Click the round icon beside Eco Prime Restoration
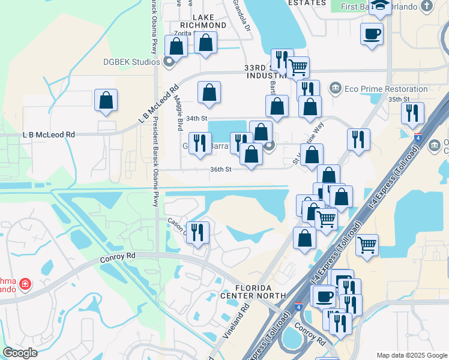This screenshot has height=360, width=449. [336, 88]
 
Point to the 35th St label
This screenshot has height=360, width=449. [399, 99]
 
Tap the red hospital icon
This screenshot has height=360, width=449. [25, 283]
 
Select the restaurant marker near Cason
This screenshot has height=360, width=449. [197, 232]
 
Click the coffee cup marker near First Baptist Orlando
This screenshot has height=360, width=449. [372, 33]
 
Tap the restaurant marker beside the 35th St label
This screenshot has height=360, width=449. [412, 113]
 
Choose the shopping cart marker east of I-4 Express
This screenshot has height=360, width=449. [367, 244]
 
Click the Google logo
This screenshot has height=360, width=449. [20, 353]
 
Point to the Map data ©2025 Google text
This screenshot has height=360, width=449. [412, 355]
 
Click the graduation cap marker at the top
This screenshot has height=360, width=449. [381, 6]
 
